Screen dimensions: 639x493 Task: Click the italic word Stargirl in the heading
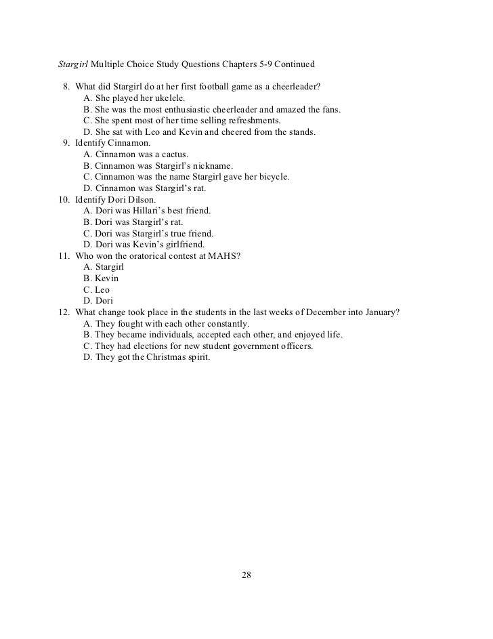(x=72, y=65)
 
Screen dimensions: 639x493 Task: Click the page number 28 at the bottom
(x=246, y=575)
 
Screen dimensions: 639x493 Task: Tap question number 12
(x=63, y=312)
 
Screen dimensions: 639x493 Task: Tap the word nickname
(x=213, y=165)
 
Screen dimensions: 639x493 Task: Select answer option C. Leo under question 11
(x=96, y=289)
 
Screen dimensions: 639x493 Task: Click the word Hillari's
(x=143, y=211)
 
